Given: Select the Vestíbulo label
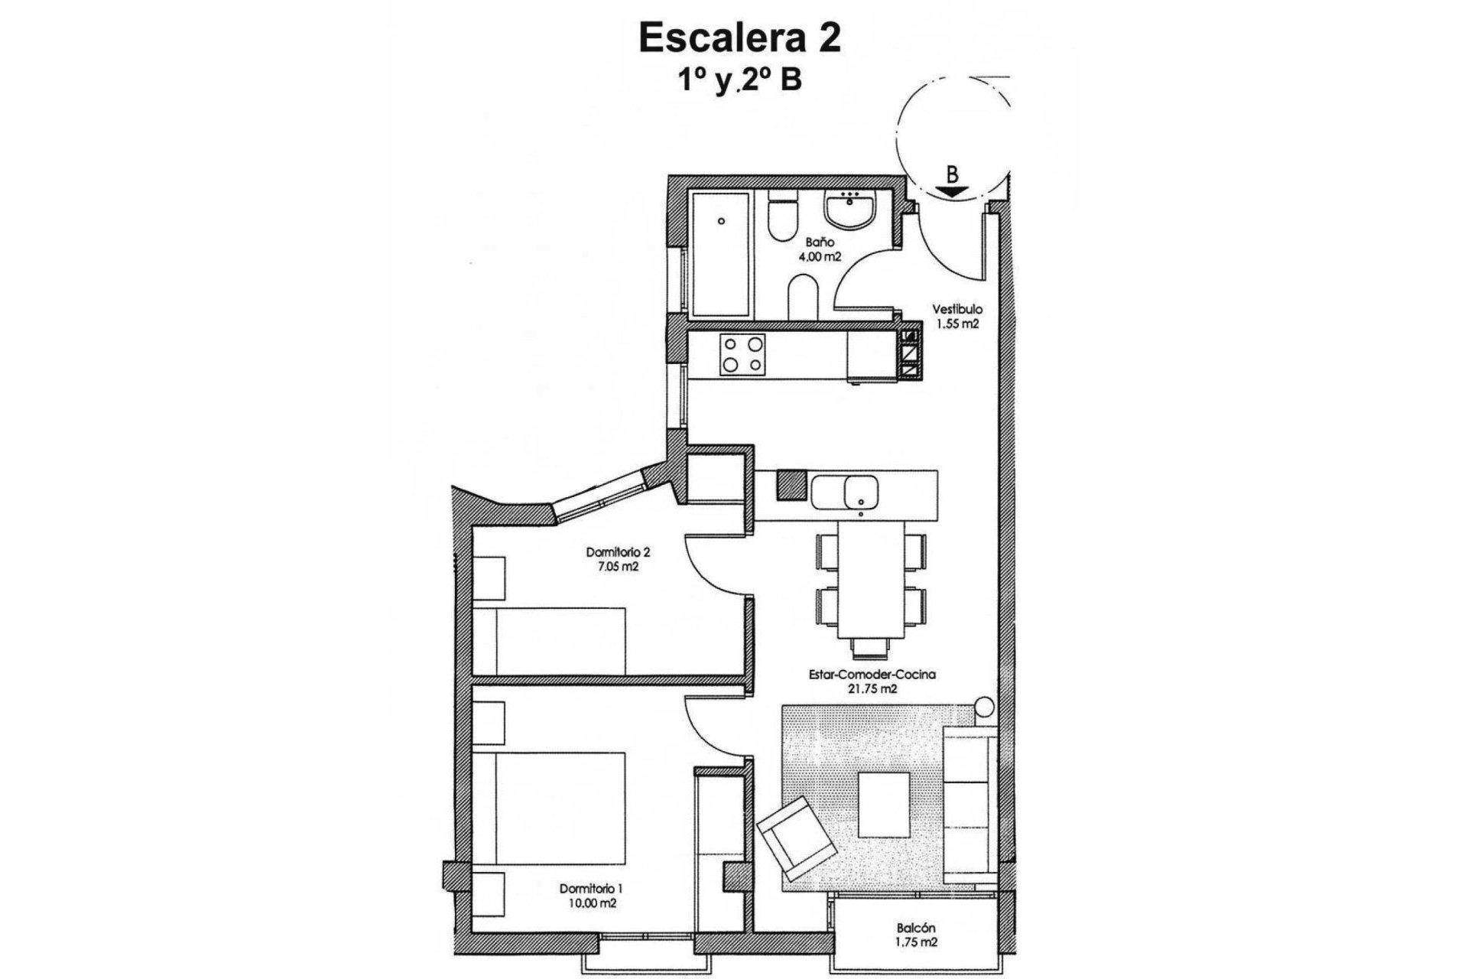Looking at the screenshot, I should tap(956, 310).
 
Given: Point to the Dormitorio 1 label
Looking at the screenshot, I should tap(591, 889).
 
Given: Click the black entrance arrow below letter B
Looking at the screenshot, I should tap(950, 194).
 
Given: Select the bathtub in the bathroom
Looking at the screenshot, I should tap(722, 254).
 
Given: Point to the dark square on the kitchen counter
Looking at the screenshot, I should tap(791, 485).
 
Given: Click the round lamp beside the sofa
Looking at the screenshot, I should tap(986, 705).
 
